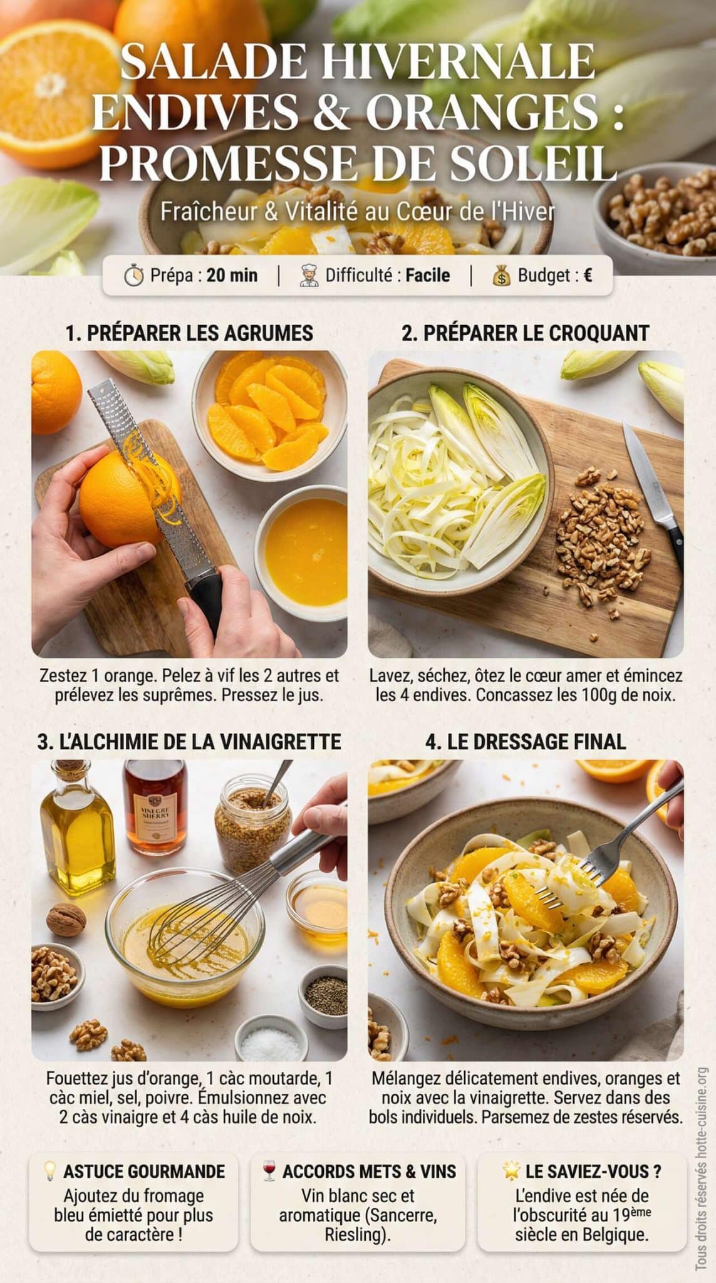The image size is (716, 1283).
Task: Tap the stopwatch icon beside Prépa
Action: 133,276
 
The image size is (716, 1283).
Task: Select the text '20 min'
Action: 232,275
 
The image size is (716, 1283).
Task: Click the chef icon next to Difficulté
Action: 309,276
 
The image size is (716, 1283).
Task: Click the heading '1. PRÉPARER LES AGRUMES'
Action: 189,333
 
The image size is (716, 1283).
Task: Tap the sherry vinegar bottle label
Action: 155,815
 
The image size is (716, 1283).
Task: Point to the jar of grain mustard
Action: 252,821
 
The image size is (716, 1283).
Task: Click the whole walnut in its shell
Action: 66,920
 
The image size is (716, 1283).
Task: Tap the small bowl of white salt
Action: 271,1046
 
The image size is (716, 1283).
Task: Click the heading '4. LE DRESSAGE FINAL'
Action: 525,742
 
